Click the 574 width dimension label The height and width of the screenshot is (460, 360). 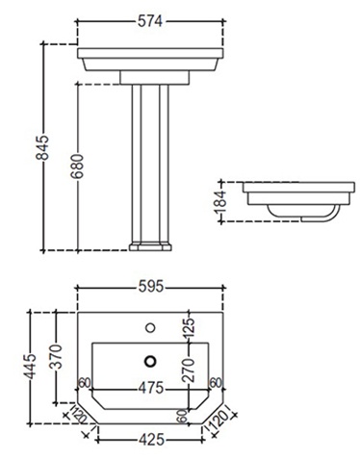click(x=150, y=21)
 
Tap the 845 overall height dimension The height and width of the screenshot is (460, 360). click(x=42, y=147)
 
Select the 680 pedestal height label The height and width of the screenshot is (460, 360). click(x=77, y=166)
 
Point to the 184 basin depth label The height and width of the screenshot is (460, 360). click(x=220, y=202)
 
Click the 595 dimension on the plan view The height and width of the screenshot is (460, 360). click(x=151, y=287)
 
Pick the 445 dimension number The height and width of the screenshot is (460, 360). click(x=31, y=367)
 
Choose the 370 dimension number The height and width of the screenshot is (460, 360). click(x=57, y=356)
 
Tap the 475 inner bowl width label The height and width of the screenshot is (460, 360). click(x=151, y=389)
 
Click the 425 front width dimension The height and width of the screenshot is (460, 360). click(x=151, y=440)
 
